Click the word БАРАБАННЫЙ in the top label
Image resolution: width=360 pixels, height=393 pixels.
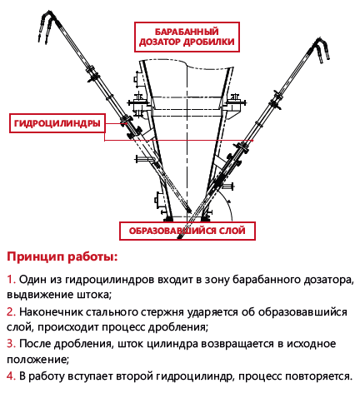coord(187,32)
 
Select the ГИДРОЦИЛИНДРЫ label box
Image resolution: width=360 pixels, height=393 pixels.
coord(57,123)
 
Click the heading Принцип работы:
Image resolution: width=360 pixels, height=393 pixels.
coord(62,257)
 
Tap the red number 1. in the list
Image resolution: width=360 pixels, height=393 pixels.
coord(11,280)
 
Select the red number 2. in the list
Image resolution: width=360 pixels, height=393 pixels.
coord(11,312)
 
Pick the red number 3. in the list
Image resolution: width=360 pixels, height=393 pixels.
coord(11,344)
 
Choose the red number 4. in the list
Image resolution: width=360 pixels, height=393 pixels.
coord(11,376)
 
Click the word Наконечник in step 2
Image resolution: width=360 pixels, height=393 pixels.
coord(51,312)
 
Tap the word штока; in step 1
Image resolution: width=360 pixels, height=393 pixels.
coord(94,295)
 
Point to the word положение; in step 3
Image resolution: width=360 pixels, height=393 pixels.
coord(37,360)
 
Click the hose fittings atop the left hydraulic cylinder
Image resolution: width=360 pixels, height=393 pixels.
coord(47,26)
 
